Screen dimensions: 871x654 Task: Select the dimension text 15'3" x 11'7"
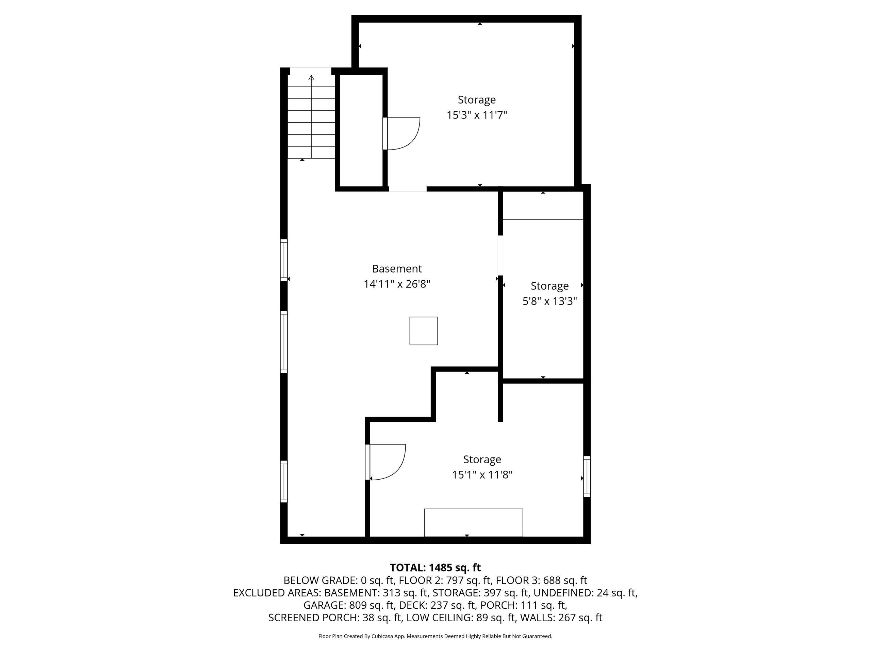coord(476,115)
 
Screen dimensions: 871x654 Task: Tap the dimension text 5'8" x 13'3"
coord(550,301)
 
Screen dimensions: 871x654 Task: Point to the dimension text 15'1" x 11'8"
coord(482,474)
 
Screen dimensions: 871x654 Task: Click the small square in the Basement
coord(424,331)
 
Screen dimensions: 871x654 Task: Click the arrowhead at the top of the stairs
coord(311,77)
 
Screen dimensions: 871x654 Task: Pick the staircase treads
coord(311,117)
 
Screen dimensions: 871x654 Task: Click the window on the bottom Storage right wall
coord(587,476)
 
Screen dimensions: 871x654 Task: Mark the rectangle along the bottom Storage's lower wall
coord(473,523)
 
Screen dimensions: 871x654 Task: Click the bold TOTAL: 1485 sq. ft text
coord(435,568)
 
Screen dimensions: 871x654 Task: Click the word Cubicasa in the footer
coord(381,636)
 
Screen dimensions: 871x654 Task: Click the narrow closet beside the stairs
coord(361,130)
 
